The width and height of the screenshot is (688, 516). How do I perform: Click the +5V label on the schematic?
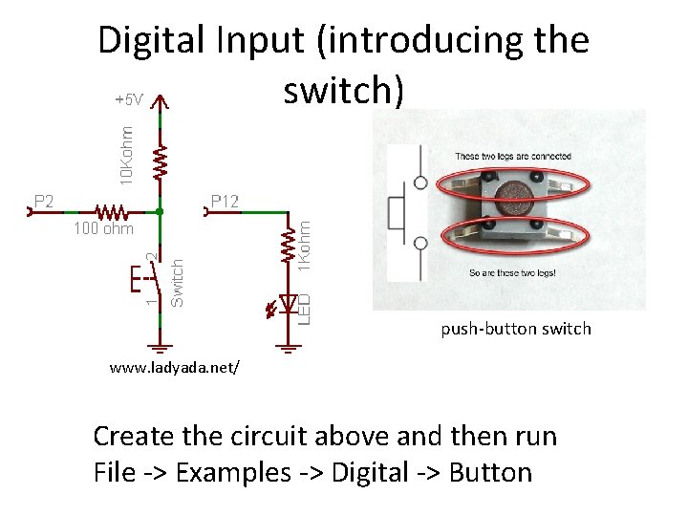[128, 99]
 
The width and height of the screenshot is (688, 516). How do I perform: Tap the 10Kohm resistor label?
[126, 151]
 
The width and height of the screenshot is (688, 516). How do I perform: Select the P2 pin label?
[44, 201]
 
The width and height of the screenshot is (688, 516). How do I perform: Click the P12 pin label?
[226, 201]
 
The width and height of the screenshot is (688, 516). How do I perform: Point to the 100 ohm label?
[103, 229]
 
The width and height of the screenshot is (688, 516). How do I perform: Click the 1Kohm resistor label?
[304, 245]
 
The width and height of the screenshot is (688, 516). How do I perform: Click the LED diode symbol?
[285, 302]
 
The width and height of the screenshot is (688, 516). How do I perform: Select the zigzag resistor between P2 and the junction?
[111, 210]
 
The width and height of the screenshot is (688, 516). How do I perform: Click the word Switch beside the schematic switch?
[177, 282]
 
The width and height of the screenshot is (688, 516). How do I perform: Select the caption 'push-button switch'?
[515, 329]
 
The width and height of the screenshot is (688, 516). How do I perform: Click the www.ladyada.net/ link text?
[175, 367]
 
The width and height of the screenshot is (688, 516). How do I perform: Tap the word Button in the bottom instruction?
[489, 472]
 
